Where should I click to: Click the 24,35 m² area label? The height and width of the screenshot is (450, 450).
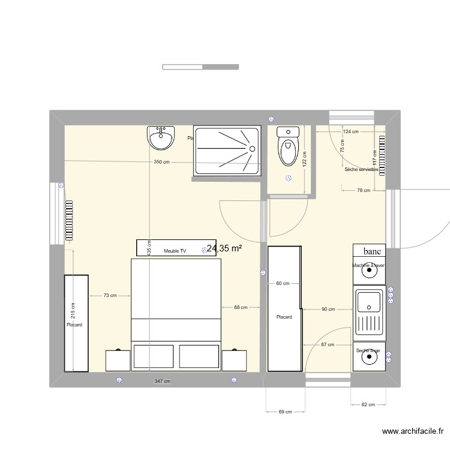pos(224,247)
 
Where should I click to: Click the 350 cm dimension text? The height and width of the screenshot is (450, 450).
pos(161,162)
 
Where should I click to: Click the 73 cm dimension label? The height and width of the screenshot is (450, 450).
pos(109,295)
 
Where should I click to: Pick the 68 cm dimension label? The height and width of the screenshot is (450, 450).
pos(240,308)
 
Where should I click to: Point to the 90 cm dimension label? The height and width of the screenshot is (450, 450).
pos(328,310)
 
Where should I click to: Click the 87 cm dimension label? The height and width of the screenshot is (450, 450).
pos(327,345)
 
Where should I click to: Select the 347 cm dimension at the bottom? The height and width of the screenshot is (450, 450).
pos(162,382)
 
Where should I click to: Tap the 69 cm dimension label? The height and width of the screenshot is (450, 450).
pos(285,412)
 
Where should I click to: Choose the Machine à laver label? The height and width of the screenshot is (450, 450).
pos(368,265)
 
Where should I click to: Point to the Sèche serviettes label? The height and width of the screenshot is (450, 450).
pos(361,170)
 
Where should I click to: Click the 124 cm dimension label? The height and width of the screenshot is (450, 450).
pos(350,131)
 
